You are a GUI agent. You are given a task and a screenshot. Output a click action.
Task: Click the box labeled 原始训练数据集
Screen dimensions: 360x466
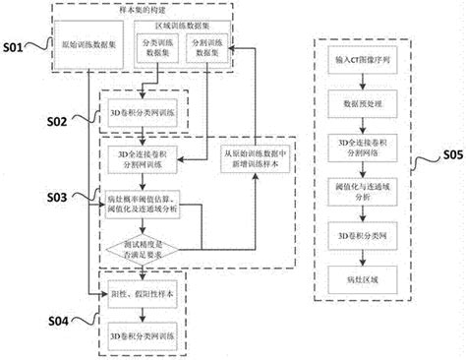pyautogui.click(x=86, y=49)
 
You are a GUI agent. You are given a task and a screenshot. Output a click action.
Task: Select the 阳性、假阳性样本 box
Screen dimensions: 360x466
pyautogui.click(x=145, y=293)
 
